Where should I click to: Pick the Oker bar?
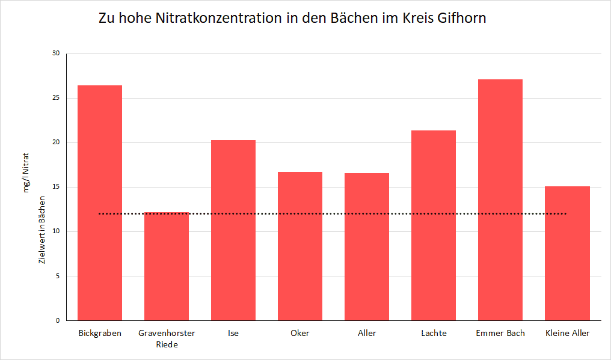(x=300, y=246)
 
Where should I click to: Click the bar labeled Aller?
(x=367, y=247)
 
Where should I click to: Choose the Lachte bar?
(x=434, y=225)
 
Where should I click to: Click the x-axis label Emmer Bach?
(x=500, y=333)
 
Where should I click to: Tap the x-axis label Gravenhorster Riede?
(x=167, y=338)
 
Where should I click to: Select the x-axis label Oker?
(x=300, y=333)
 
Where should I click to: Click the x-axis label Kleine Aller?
(x=567, y=333)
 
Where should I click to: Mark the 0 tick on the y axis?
(x=58, y=320)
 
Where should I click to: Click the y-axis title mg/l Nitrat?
(x=26, y=172)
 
